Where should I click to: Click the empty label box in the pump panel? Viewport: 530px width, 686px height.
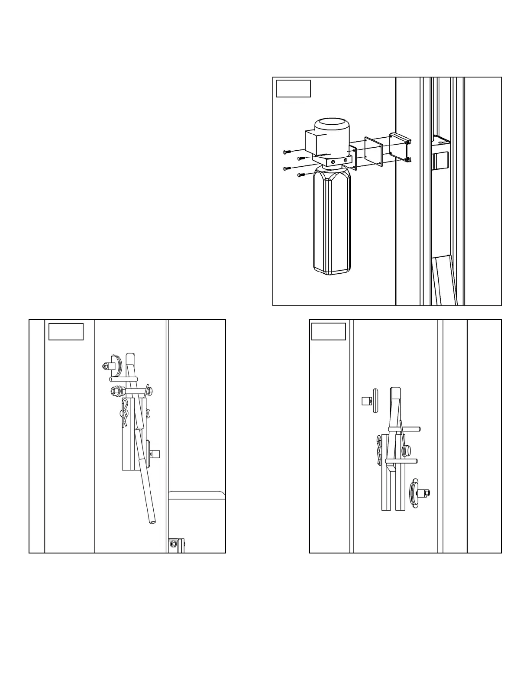tap(293, 88)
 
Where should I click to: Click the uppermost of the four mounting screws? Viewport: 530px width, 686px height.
tap(287, 152)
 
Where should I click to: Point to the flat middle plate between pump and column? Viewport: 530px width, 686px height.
tap(374, 151)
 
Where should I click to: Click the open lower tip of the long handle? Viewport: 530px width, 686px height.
tap(152, 522)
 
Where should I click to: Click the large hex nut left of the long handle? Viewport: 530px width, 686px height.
tap(115, 391)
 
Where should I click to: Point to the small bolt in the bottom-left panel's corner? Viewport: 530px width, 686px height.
tap(174, 544)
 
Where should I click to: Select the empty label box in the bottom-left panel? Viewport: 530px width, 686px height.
tap(66, 331)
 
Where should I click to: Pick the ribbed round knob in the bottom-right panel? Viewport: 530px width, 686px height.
tap(406, 450)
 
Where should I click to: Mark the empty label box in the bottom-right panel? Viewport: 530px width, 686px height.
tap(329, 331)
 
